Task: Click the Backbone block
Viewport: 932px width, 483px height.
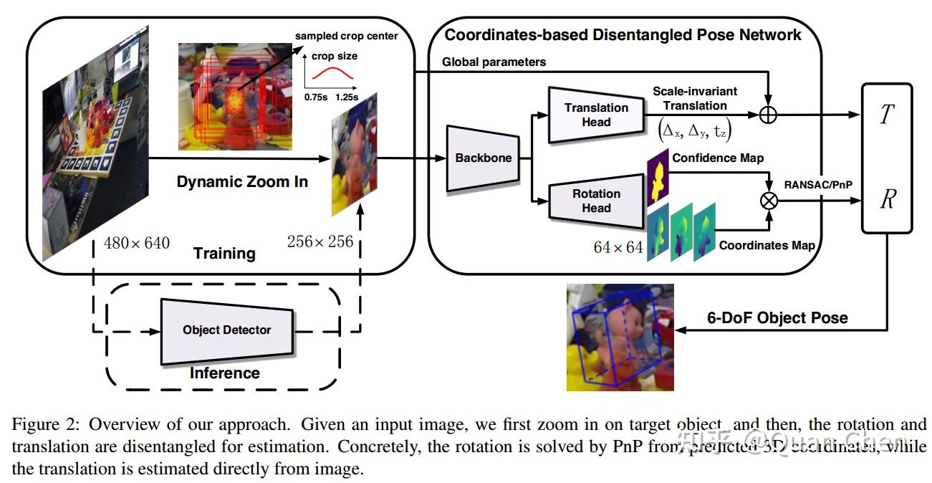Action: tap(484, 158)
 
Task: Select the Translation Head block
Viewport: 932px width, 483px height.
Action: tap(596, 115)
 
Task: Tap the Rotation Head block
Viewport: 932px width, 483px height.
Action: tap(596, 201)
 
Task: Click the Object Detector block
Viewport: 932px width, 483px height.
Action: tap(226, 330)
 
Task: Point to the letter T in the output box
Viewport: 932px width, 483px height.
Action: tap(888, 115)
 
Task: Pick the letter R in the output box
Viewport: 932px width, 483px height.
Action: tap(888, 200)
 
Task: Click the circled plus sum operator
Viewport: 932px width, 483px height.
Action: tap(768, 115)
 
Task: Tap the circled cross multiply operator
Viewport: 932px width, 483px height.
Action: tap(768, 201)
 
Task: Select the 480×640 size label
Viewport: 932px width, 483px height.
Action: tap(137, 243)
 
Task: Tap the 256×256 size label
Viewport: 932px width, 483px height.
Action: tap(320, 241)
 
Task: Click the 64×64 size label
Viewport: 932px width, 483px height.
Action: tap(618, 247)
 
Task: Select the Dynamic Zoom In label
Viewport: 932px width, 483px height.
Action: tap(242, 182)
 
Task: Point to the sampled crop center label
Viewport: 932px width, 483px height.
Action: tap(346, 36)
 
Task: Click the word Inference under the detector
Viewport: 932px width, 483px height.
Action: tap(224, 373)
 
